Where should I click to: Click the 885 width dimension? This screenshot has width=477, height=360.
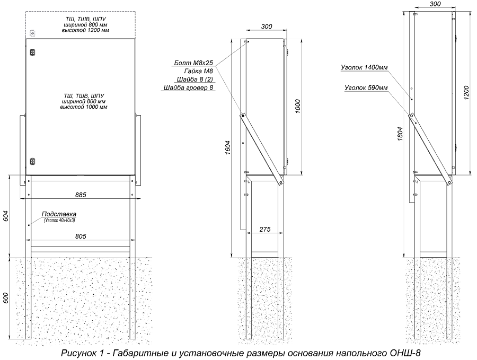point(81,195)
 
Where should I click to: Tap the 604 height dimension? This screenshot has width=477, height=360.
point(6,216)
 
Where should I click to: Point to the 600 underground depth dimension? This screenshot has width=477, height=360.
point(6,298)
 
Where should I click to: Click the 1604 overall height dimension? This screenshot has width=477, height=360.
point(228,147)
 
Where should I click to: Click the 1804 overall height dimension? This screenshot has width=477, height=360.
point(401,134)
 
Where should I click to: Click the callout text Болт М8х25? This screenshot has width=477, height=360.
point(195,63)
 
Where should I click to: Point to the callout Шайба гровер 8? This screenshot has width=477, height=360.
point(189,88)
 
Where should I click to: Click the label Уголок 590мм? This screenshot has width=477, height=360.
point(366,87)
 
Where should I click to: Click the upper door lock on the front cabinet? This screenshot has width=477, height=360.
point(32,53)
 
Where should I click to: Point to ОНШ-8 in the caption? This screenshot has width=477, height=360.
point(407,353)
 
